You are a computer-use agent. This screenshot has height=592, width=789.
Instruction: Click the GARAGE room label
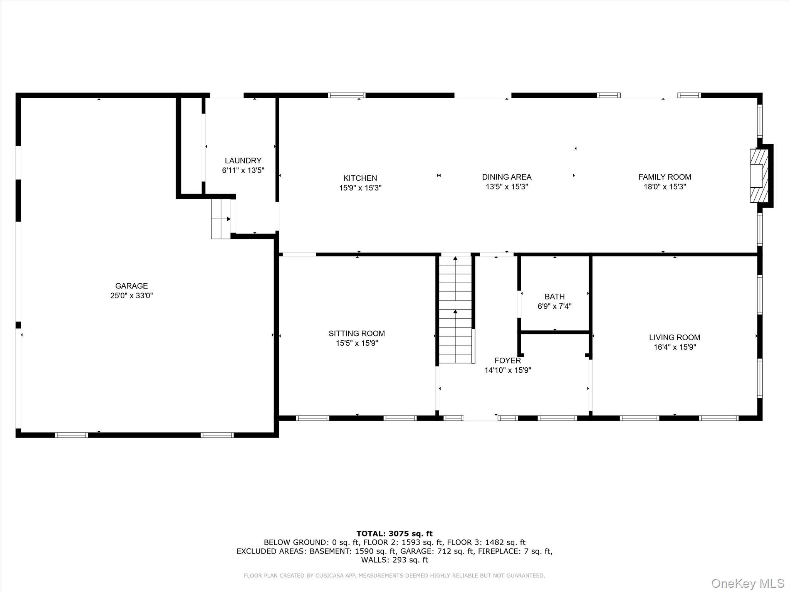131,286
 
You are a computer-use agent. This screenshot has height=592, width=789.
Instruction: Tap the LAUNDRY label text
243,161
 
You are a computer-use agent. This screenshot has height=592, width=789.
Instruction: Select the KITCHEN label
360,178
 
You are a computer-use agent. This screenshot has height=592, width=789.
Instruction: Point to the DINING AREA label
507,177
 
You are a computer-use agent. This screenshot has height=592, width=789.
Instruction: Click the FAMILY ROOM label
665,177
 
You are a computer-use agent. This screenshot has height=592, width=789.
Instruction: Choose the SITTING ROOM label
357,333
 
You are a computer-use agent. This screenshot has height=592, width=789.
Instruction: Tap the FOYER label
508,360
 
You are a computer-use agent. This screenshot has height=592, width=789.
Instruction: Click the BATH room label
554,296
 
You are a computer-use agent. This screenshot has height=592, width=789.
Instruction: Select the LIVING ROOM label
675,337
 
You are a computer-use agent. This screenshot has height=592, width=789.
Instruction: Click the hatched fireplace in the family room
759,175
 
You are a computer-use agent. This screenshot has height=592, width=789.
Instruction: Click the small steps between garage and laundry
221,219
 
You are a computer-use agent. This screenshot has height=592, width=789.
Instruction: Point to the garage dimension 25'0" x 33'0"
131,296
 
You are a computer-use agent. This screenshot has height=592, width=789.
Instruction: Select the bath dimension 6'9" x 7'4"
554,306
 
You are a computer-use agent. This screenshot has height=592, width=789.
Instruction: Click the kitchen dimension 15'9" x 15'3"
360,188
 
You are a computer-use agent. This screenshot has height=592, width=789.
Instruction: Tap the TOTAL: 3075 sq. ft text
394,534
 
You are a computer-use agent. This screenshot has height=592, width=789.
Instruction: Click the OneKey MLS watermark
748,583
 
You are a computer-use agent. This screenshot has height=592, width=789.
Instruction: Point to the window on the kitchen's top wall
347,95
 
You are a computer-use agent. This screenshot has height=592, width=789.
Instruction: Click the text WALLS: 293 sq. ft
394,560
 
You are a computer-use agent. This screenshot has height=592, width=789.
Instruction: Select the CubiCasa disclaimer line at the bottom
394,576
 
